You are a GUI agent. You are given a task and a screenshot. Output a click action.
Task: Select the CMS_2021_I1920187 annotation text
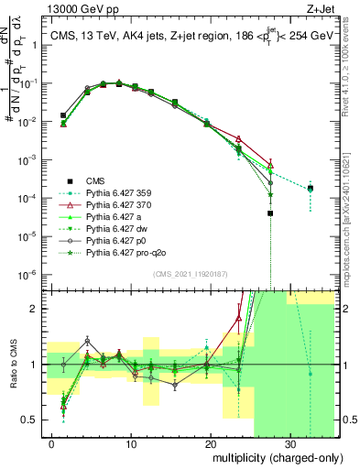(x=192, y=274)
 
